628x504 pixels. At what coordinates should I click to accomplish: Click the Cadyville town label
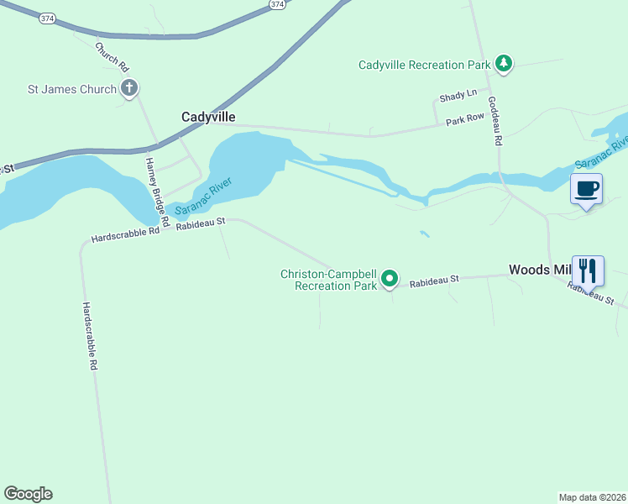point(208,118)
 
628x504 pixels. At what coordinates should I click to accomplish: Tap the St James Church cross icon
point(129,87)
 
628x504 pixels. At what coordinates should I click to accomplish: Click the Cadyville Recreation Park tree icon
point(504,64)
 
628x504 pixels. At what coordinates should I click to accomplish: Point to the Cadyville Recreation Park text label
point(424,65)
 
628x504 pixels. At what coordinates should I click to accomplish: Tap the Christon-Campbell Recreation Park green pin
point(390,278)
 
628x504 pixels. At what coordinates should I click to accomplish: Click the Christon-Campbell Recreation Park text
point(329,280)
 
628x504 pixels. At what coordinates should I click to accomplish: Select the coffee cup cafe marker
point(586,188)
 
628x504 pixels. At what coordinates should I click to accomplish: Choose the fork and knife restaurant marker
point(588,271)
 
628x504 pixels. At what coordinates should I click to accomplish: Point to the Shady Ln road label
point(458,93)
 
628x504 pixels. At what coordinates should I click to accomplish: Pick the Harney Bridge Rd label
point(157,193)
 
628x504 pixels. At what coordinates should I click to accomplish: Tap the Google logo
point(28,494)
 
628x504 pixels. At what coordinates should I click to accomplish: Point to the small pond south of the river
point(425,234)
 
